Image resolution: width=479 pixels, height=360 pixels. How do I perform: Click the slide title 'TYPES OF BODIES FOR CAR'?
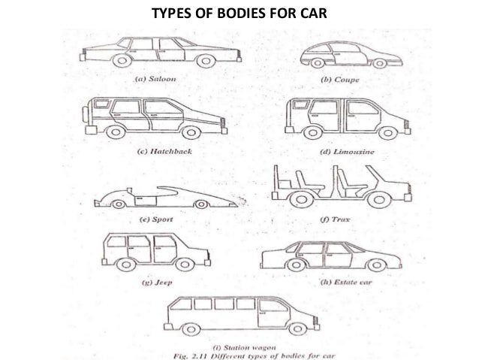239,13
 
